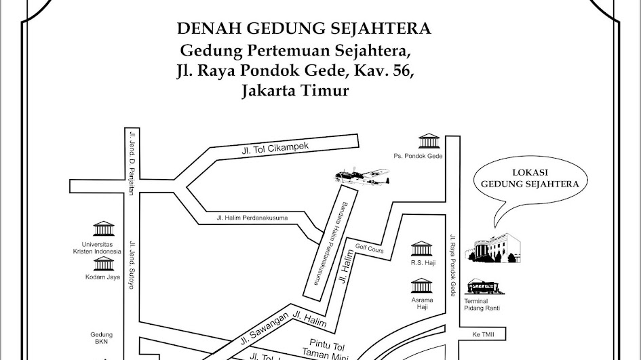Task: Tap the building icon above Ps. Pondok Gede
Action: (429, 142)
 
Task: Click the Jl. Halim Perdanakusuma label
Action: (252, 218)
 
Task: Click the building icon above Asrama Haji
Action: (422, 285)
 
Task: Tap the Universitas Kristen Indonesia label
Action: (101, 247)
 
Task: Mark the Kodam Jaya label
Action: (102, 277)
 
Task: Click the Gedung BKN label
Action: (101, 338)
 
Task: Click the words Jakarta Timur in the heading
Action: (294, 90)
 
